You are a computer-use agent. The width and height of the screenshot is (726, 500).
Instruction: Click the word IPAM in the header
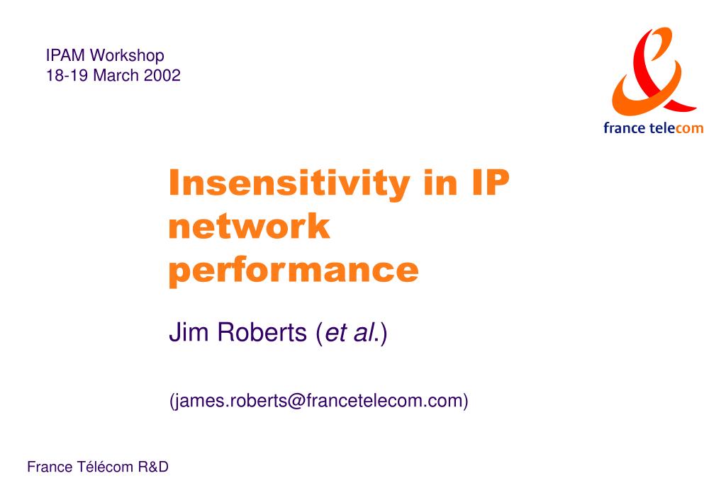65,55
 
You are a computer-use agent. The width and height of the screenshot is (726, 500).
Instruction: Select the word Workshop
128,56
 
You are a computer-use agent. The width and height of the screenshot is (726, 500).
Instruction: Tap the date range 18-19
67,75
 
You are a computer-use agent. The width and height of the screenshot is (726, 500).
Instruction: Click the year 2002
162,75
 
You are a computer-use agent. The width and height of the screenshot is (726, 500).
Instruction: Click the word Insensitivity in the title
289,183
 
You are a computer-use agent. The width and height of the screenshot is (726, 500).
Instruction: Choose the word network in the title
249,226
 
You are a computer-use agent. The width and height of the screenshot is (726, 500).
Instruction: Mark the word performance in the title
294,271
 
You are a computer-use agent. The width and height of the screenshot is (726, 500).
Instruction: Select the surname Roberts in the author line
262,332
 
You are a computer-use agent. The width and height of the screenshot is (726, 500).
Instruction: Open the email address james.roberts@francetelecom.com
319,401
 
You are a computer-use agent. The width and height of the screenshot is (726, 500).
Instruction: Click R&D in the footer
153,467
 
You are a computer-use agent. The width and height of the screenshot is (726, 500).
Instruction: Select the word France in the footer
50,467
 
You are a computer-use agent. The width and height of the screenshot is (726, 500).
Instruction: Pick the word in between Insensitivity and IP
440,183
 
